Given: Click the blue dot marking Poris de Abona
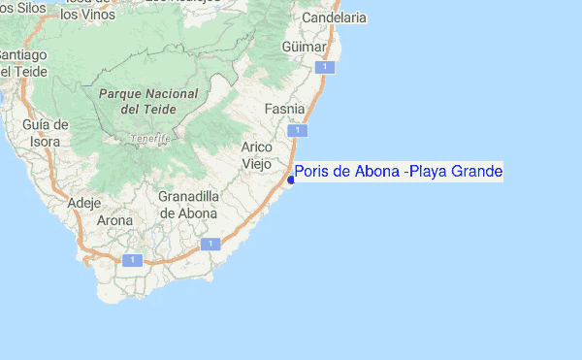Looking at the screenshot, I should coord(291,179).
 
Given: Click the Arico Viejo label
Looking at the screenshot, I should coord(256,154).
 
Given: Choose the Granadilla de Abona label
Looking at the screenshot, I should coord(188,204).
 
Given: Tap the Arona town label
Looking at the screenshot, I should coord(115,221).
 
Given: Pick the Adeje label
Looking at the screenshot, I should coord(85,203).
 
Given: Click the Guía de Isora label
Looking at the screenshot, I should coord(46,132).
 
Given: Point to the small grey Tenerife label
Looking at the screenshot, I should coord(150,138).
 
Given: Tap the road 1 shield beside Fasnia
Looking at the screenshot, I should coord(301,130).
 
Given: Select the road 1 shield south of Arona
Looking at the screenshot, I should coord(132,259).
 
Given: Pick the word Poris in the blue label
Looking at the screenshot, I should coord(313,172).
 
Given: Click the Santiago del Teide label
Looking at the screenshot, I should coord(19,61).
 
